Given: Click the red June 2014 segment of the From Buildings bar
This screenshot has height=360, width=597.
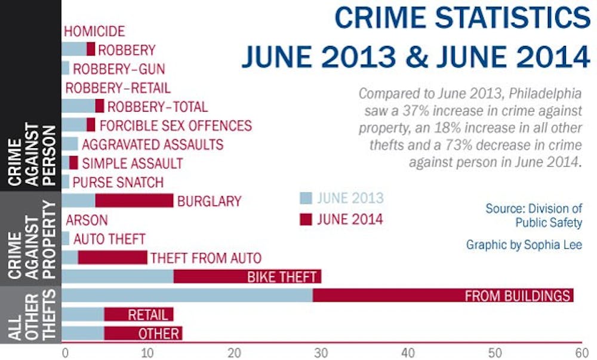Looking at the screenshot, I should pos(442,295).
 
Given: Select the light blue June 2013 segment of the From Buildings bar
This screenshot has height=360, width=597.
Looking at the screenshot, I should pos(187,295).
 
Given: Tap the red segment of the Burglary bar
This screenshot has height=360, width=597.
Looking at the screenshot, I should pos(134,201).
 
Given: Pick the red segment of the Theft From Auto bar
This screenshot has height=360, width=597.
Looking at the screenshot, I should pos(112,257).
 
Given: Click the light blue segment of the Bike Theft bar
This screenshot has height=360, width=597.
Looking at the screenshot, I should pos(118,276).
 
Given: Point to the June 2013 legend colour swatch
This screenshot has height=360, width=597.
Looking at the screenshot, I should pos(306,198).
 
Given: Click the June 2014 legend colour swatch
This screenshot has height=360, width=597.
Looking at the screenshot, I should pos(306,219).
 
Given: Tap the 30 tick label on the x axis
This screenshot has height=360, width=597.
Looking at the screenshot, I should pos(322,352).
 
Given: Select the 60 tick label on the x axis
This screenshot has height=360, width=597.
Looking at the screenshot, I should pos(578,352).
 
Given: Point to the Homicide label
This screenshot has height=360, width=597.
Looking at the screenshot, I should pos(94,32).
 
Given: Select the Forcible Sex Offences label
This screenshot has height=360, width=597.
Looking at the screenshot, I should pos(176,125).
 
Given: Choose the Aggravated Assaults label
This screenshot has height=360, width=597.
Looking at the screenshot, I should pos(152,144).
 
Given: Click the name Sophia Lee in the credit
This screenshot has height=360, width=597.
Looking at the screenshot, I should pos(564,245).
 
